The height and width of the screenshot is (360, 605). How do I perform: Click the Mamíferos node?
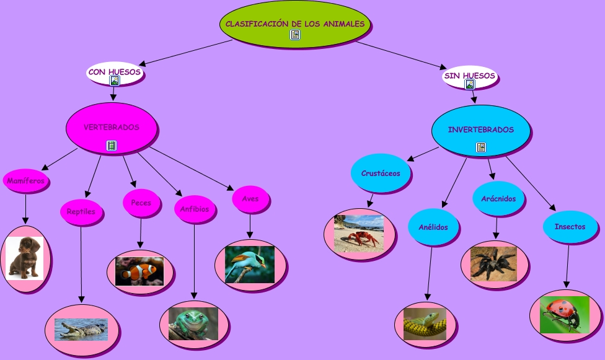pos(25,181)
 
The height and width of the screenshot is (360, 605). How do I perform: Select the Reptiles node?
pos(81,211)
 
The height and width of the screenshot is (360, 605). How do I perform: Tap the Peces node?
pos(141,203)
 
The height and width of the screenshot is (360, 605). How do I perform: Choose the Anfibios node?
pos(195,209)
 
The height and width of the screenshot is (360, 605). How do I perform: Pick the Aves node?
pos(250,199)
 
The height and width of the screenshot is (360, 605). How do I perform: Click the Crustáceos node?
pos(381,173)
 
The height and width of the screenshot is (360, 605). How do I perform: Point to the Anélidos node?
pos(433,227)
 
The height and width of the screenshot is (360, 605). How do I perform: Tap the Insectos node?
pos(570,227)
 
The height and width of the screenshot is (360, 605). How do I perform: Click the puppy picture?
pos(25,258)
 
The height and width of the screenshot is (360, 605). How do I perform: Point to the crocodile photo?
pos(81,329)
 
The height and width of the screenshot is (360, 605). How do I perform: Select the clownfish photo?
pos(139,271)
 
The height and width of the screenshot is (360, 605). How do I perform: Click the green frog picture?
pos(193,323)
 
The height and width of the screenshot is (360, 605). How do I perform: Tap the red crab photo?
pos(359,234)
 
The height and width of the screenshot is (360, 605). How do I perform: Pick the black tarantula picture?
pos(493,264)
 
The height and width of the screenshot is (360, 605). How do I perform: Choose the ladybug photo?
pos(565,315)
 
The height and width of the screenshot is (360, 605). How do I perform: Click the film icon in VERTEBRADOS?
pos(112,146)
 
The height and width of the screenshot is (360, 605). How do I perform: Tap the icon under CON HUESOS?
pos(114,81)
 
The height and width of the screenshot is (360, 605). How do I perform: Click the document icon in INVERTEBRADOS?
pos(481,147)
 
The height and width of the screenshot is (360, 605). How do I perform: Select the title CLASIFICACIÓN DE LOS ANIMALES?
pos(295,24)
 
